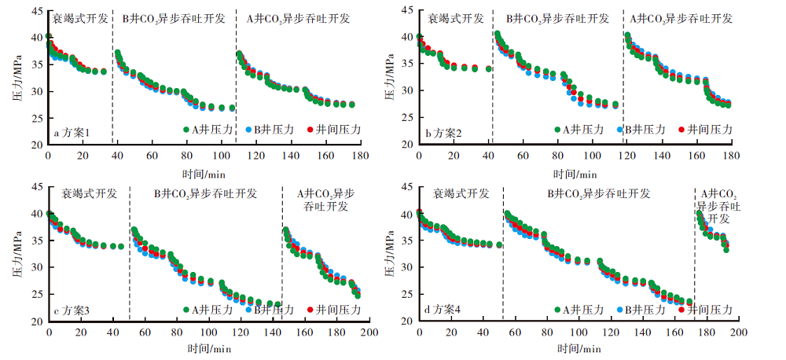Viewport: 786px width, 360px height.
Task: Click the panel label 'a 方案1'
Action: pyautogui.click(x=72, y=134)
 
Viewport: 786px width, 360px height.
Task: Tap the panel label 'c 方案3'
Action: pyautogui.click(x=72, y=311)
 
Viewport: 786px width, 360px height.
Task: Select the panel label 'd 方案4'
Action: pyautogui.click(x=443, y=310)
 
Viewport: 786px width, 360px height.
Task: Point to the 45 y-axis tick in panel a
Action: pyautogui.click(x=37, y=10)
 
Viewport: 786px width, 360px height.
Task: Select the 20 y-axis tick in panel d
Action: pyautogui.click(x=407, y=321)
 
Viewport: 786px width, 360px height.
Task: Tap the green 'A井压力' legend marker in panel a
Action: pyautogui.click(x=186, y=129)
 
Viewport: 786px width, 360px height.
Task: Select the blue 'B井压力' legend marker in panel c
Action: pyautogui.click(x=248, y=309)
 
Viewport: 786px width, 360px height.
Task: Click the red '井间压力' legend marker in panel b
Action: pyautogui.click(x=681, y=129)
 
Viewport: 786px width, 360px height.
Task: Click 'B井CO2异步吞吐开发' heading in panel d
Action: pyautogui.click(x=599, y=193)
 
